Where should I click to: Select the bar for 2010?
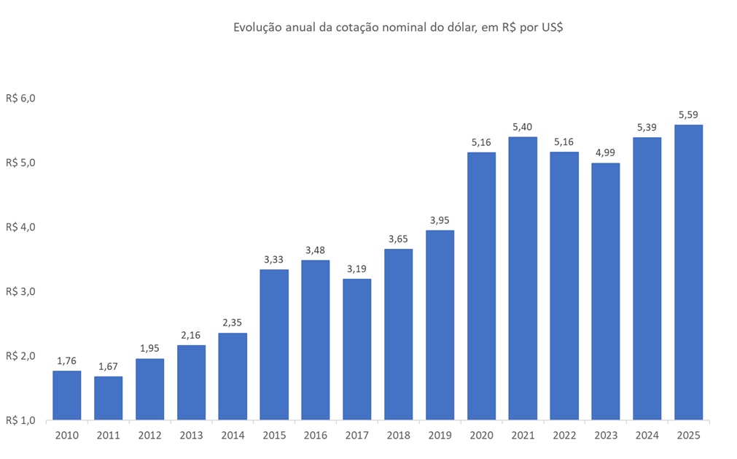(x=67, y=395)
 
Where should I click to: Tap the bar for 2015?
(x=274, y=344)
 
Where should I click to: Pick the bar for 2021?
(x=523, y=278)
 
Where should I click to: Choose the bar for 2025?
(x=688, y=272)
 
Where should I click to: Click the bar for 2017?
(x=357, y=349)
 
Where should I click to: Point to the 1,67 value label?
(x=108, y=366)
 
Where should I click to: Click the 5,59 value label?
(x=688, y=115)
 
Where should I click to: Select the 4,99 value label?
(x=605, y=152)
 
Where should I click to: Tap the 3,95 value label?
(x=440, y=220)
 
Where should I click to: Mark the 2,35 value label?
(x=233, y=323)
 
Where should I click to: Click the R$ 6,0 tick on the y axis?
(x=20, y=98)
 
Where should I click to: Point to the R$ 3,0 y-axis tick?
(x=20, y=291)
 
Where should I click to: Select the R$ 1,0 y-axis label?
(x=20, y=420)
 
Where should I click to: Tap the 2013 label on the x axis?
(x=191, y=436)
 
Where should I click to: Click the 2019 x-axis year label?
(x=440, y=436)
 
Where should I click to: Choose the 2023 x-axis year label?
(x=605, y=436)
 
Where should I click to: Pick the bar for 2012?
(x=149, y=389)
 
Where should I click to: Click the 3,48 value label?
(x=316, y=250)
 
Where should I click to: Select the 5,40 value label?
(x=523, y=126)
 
